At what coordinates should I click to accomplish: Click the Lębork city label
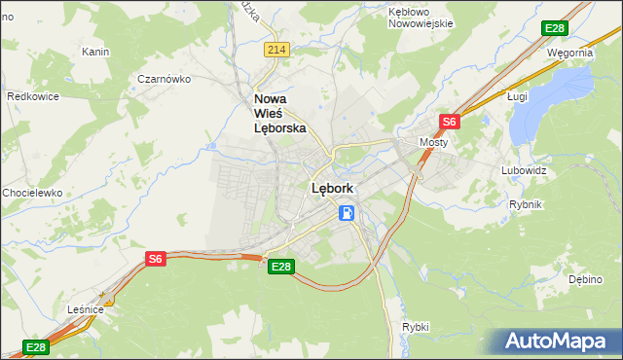331,189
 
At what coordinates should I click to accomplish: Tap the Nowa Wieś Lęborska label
279,113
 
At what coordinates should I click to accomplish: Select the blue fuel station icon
347,212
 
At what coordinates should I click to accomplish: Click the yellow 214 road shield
276,50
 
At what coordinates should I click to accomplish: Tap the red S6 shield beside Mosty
449,122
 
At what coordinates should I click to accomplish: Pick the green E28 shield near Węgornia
555,29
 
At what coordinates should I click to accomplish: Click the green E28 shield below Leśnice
35,347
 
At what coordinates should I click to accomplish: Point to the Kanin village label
95,52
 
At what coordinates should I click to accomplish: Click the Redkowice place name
35,97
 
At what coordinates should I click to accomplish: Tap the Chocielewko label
32,193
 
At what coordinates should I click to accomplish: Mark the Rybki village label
415,327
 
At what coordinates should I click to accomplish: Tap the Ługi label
517,97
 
